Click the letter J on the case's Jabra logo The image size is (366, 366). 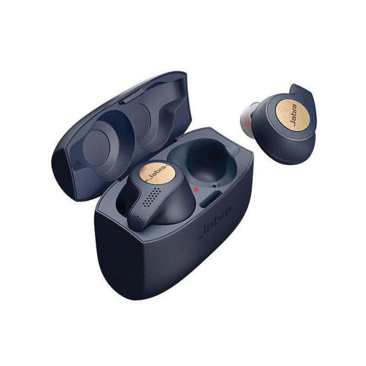tap(202, 237)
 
